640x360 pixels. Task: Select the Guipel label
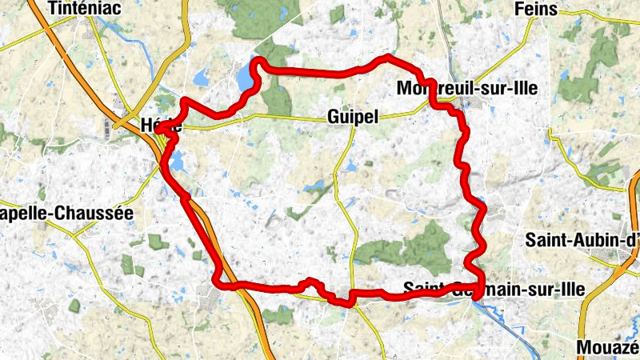pyautogui.click(x=352, y=117)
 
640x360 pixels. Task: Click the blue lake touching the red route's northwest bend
pyautogui.click(x=243, y=78)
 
